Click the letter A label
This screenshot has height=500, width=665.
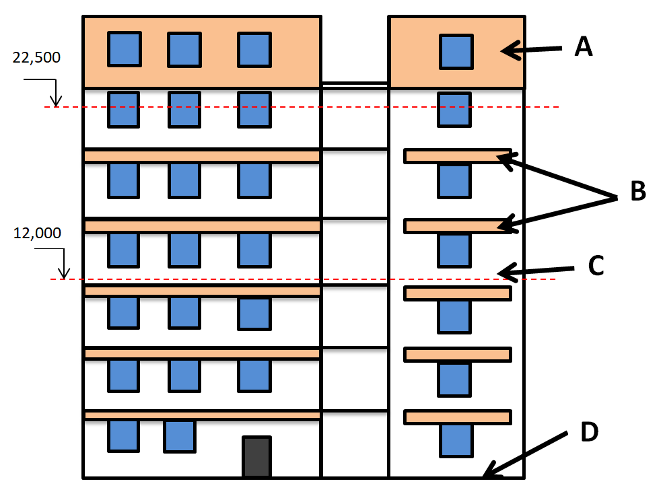pos(583,46)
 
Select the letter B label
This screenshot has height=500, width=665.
pos(637,192)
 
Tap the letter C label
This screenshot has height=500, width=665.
pos(595,265)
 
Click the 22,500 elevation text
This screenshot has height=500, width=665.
pos(36,57)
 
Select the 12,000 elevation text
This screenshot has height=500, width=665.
pos(37,234)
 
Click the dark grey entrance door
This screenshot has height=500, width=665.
pos(256,457)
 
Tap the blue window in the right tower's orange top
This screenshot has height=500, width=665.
pos(456,52)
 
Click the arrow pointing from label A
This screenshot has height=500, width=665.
pos(531,49)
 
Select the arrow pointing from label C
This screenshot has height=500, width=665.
pos(535,271)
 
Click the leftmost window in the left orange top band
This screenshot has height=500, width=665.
pos(125,48)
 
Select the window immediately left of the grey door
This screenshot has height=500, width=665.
pos(180,436)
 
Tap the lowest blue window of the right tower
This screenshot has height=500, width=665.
pos(456,440)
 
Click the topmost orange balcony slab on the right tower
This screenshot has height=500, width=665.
pos(457,156)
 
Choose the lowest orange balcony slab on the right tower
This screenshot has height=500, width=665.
pos(457,417)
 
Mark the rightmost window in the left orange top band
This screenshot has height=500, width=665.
pos(254,50)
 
